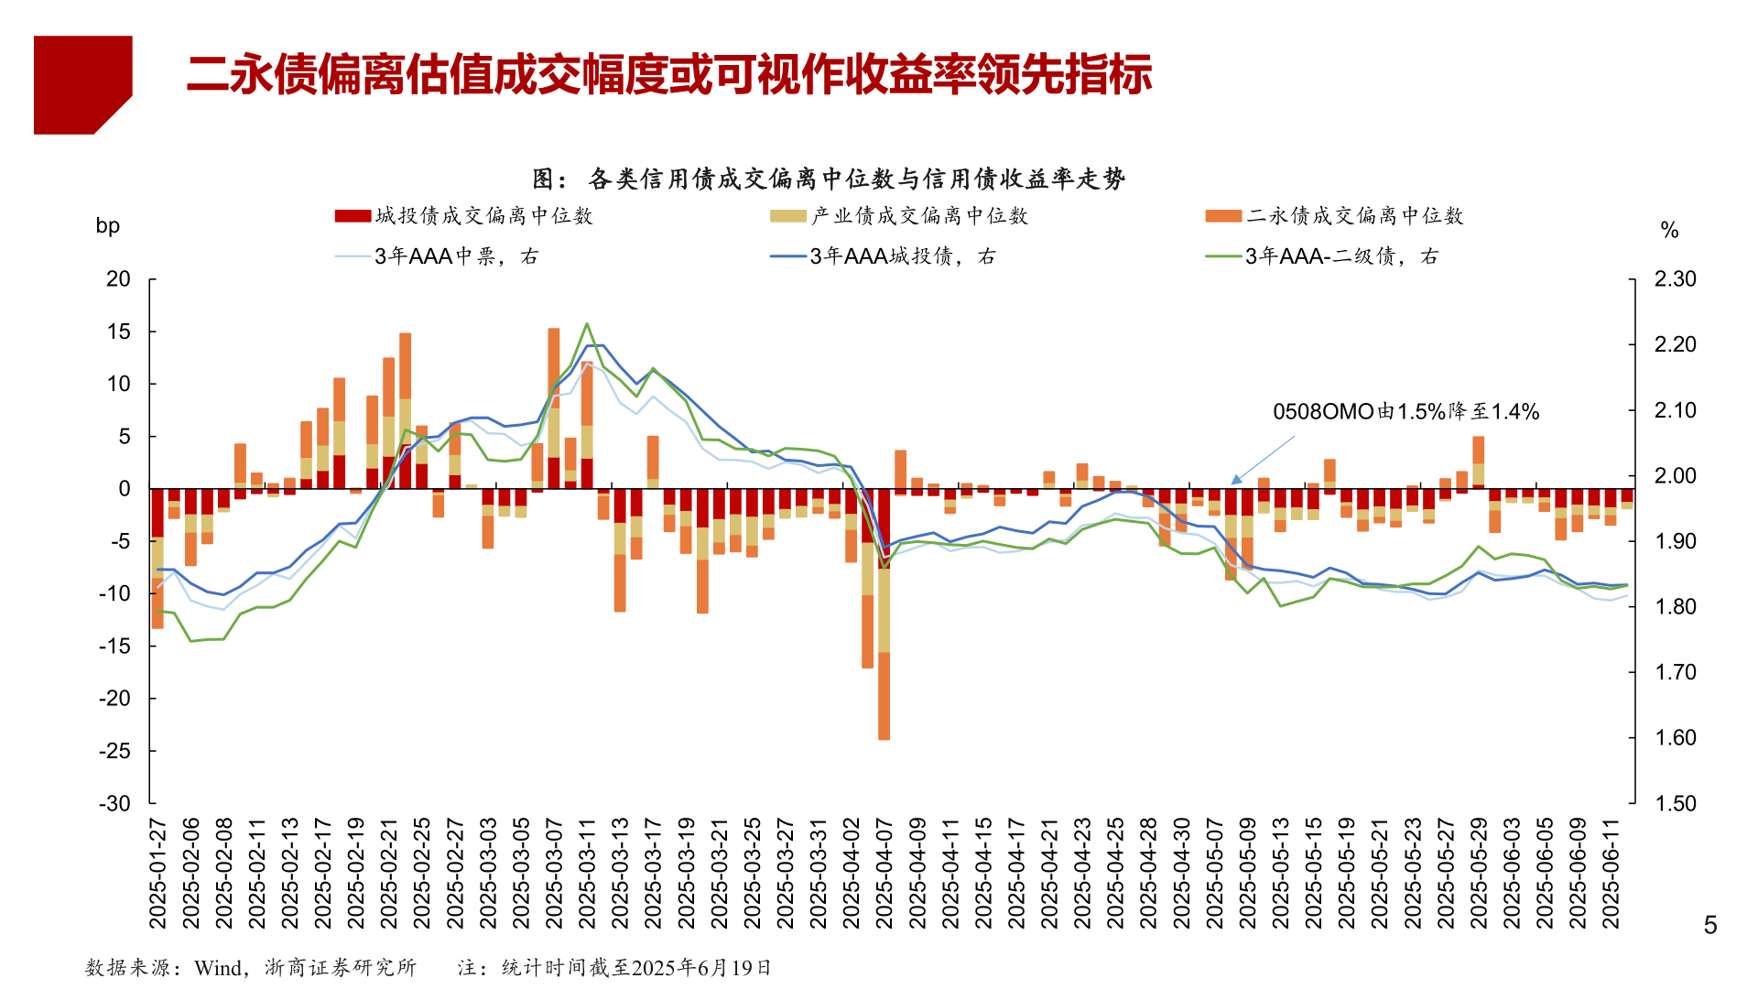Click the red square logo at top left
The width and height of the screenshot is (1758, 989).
(82, 84)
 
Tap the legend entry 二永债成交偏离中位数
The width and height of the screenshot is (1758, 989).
(1334, 216)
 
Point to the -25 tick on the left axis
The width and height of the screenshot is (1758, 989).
(115, 751)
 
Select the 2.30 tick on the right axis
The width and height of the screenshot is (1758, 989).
(1675, 279)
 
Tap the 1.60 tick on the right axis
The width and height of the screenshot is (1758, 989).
(1675, 738)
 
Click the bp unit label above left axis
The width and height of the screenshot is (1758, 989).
(108, 226)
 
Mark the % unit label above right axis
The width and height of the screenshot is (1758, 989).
(1669, 231)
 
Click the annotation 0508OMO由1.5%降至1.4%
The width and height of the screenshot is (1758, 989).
(1405, 412)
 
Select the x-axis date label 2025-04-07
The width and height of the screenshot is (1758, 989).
(884, 874)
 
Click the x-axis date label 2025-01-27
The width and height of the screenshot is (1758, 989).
(157, 874)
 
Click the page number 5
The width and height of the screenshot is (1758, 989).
(1709, 926)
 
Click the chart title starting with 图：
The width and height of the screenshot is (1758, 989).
(829, 179)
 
